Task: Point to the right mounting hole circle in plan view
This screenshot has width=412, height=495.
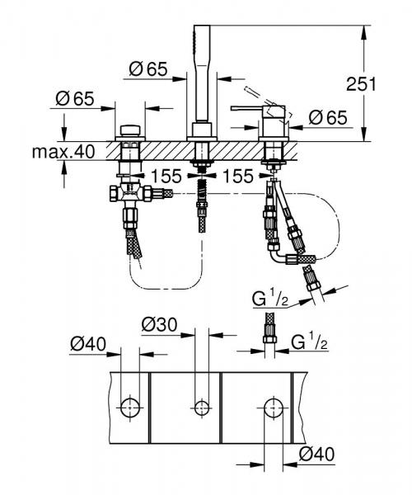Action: click(x=273, y=405)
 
